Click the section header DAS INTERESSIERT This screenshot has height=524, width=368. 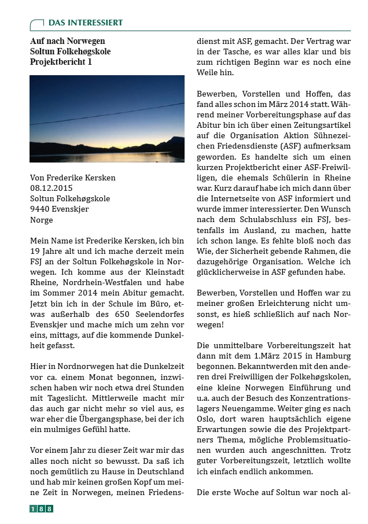[x=85, y=23]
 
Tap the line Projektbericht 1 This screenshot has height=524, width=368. [x=61, y=61]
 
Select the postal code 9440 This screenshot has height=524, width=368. [x=39, y=209]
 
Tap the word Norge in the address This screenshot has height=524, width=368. [x=41, y=220]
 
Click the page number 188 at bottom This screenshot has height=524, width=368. [x=41, y=509]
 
